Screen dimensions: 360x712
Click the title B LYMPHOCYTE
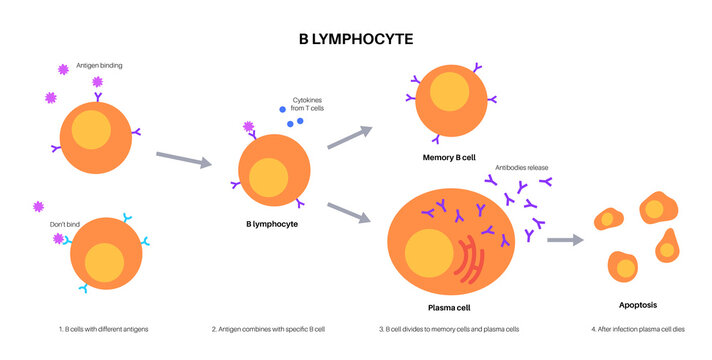pyautogui.click(x=356, y=38)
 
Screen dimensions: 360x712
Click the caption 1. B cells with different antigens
pyautogui.click(x=104, y=329)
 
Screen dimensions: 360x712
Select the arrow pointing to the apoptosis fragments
pyautogui.click(x=565, y=240)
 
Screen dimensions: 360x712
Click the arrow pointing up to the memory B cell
pyautogui.click(x=350, y=139)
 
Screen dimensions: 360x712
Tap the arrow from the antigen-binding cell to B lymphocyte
pyautogui.click(x=184, y=159)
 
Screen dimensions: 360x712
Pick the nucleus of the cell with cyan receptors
pyautogui.click(x=105, y=263)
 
